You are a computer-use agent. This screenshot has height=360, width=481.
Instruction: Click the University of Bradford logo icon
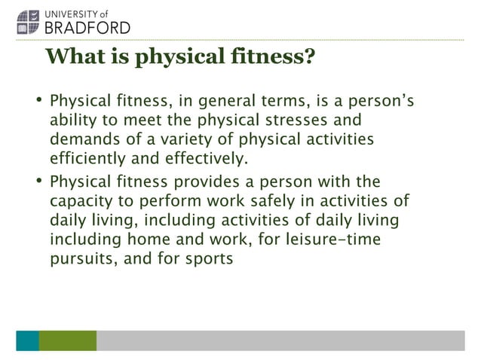[29, 20]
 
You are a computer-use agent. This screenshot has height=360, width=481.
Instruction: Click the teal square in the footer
[27, 340]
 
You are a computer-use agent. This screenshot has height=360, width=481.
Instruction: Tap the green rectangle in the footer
[68, 340]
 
